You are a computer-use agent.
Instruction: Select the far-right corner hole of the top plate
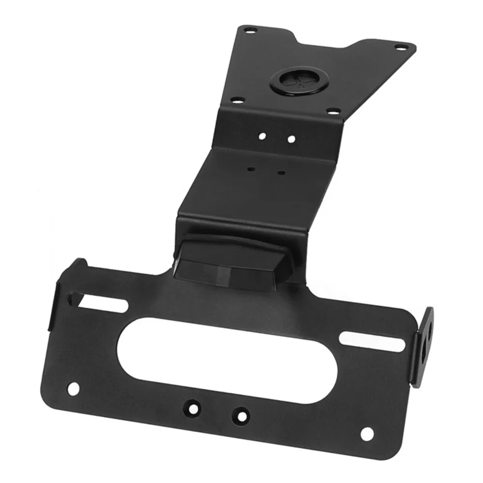point(399,47)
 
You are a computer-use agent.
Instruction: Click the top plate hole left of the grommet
point(236,101)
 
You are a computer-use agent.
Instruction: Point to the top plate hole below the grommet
point(332,111)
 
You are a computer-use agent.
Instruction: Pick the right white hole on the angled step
point(291,139)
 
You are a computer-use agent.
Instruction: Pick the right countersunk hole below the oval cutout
point(239,414)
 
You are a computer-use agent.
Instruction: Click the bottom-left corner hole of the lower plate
point(73,387)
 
